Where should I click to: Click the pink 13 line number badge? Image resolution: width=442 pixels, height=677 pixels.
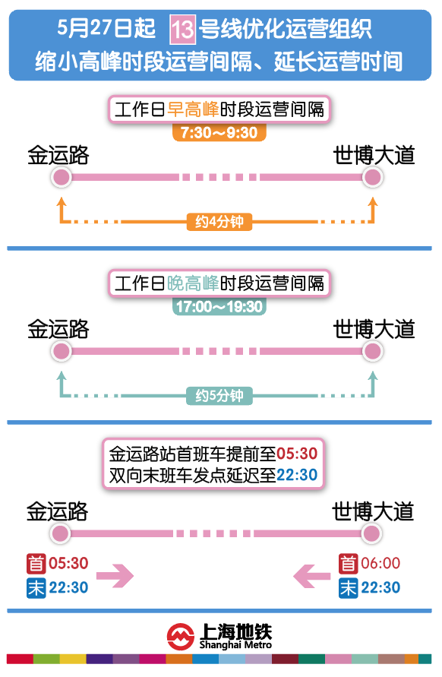[182, 30]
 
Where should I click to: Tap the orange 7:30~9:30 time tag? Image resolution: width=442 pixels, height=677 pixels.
[219, 132]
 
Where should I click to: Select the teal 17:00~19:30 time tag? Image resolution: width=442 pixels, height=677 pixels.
[219, 306]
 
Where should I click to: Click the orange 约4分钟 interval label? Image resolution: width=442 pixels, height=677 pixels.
[219, 222]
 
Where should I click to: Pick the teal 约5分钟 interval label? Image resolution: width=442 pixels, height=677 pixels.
[219, 396]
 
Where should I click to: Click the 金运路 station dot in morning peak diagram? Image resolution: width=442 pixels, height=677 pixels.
[62, 177]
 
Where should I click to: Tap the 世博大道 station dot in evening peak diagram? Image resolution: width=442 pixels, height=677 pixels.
[372, 351]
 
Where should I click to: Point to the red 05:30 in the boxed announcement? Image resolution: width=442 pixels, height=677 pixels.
[297, 454]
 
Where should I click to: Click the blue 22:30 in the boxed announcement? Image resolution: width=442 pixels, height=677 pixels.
[297, 475]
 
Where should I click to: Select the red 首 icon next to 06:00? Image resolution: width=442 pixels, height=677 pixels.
[348, 564]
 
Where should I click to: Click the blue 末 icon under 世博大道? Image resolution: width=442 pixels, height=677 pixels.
[348, 588]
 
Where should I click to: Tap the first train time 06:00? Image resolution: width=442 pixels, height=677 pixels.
[380, 563]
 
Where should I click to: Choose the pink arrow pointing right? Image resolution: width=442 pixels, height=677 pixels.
[115, 575]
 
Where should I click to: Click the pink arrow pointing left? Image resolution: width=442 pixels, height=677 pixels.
[311, 575]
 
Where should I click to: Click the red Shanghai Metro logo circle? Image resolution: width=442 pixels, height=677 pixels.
[181, 637]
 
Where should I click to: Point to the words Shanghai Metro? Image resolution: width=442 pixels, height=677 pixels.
[235, 645]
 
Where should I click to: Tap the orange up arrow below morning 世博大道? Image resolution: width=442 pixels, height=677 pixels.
[372, 210]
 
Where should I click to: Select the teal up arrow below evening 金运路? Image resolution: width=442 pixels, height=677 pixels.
[62, 384]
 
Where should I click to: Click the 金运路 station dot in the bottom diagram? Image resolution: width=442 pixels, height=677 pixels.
[61, 533]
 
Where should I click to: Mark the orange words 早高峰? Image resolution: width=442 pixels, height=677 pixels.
[193, 109]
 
